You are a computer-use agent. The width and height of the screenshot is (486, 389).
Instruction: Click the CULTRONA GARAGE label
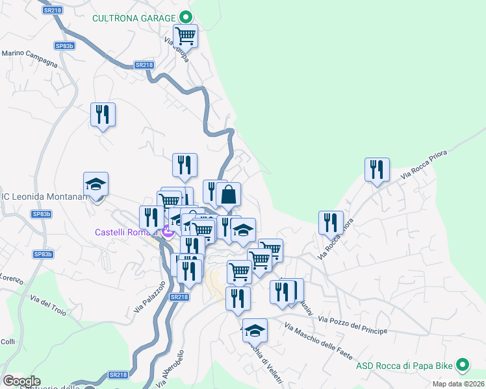134,18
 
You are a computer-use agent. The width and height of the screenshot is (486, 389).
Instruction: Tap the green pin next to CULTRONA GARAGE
185,18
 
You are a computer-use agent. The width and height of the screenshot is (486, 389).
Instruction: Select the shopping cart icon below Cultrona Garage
185,36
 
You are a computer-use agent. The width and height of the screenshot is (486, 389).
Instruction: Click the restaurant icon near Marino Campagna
103,115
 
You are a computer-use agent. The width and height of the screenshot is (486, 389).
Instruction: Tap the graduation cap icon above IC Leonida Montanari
96,184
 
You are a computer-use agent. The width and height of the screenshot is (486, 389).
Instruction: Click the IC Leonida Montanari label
44,197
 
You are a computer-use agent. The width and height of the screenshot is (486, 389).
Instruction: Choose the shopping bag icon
229,194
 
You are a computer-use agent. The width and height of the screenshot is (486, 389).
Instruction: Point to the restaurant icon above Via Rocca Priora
377,170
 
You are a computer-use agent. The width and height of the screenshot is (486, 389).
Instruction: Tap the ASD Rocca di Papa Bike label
403,366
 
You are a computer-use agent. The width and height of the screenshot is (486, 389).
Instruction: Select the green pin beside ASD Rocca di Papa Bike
463,366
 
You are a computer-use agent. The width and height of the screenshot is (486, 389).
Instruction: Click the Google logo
21,381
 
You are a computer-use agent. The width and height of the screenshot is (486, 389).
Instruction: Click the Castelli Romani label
127,232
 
